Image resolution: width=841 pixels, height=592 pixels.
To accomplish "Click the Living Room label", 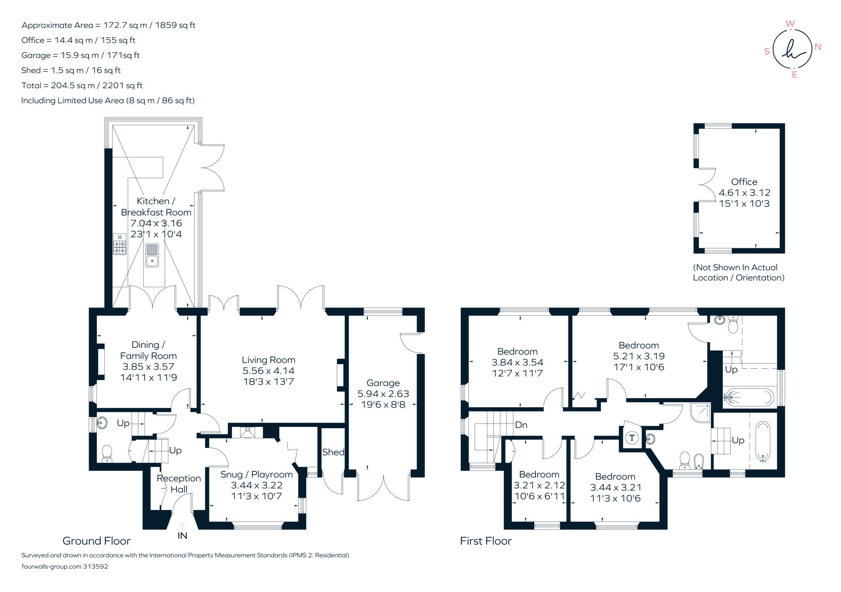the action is coord(268,360).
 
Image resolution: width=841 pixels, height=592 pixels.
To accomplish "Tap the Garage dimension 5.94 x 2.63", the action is coord(383,394).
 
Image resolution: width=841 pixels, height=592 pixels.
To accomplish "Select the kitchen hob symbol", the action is coord(119,245).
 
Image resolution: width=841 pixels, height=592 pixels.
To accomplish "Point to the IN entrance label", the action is coord(182,535).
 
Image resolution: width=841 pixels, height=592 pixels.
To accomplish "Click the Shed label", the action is coord(333,452).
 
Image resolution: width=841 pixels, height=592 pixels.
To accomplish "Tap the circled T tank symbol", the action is coord(632,438).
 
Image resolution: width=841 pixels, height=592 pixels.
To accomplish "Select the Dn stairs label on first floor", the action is coord(521,425).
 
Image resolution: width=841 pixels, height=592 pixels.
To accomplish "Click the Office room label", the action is coord(744,182).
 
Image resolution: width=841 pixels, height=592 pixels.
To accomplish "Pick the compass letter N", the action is coord(818,47).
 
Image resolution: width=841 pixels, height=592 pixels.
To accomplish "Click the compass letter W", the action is coord(790,24).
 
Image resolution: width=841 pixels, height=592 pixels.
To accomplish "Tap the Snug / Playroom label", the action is coord(256,474).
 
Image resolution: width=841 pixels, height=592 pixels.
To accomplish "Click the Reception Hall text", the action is coord(179,484).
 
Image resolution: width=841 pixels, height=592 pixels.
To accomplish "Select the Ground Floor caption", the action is coord(97,541).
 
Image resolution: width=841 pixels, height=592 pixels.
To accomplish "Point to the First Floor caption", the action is coord(485,541).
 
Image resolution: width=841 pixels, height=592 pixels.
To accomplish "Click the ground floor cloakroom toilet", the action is coord(107,454).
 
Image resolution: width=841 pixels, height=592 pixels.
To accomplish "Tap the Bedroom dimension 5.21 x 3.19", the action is coord(639,356).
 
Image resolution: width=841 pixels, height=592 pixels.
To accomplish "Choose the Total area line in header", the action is coord(82,85).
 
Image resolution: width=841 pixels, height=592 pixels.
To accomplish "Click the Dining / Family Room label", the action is coord(148,350).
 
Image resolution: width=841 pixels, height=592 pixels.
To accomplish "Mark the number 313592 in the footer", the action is coord(95,566).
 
